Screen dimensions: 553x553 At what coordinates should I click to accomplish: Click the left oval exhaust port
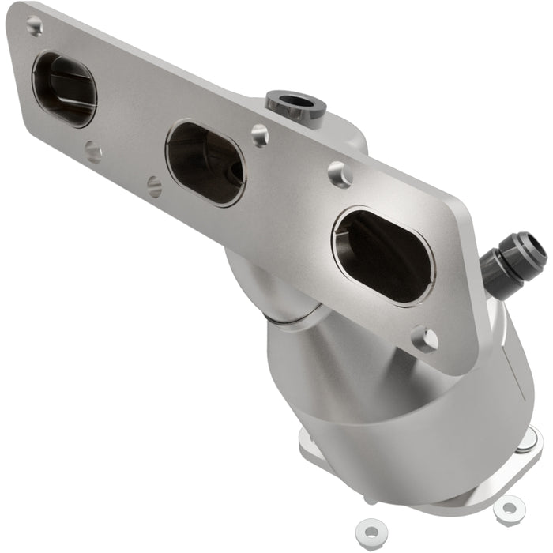(x=64, y=89)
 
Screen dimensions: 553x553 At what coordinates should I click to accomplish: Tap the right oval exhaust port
(x=383, y=255)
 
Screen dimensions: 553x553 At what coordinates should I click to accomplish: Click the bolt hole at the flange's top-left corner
(x=34, y=26)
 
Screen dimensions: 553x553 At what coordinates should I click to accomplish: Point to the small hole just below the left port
(x=93, y=151)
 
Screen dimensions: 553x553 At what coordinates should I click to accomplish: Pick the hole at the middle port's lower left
(x=155, y=186)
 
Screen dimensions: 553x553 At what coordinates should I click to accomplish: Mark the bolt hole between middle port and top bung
(x=260, y=135)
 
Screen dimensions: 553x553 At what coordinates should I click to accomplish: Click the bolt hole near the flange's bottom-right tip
(x=425, y=340)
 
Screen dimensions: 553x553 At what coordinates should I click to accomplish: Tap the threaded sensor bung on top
(x=295, y=105)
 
